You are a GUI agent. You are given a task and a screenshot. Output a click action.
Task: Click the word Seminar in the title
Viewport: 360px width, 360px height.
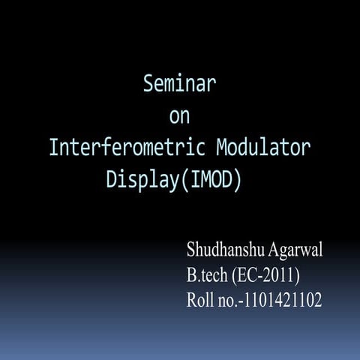pyautogui.click(x=180, y=84)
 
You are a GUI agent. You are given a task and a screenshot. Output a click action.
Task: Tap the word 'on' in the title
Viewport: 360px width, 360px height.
pyautogui.click(x=180, y=116)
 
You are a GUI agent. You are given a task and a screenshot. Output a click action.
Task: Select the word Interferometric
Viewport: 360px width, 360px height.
pyautogui.click(x=125, y=148)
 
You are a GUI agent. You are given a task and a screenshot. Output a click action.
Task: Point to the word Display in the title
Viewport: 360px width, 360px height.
pyautogui.click(x=139, y=180)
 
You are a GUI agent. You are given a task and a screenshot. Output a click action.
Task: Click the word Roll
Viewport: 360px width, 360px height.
pyautogui.click(x=200, y=301)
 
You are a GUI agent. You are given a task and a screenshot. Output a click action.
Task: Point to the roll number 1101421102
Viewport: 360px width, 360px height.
pyautogui.click(x=283, y=301)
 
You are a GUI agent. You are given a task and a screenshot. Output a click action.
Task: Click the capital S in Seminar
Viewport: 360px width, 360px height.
pyautogui.click(x=148, y=84)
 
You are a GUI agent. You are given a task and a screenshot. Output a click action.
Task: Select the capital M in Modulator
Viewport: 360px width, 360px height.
pyautogui.click(x=222, y=148)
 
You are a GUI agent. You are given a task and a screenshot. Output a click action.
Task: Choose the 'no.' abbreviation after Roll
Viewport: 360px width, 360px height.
pyautogui.click(x=227, y=301)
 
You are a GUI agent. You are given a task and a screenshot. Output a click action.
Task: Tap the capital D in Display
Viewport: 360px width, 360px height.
pyautogui.click(x=111, y=180)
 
